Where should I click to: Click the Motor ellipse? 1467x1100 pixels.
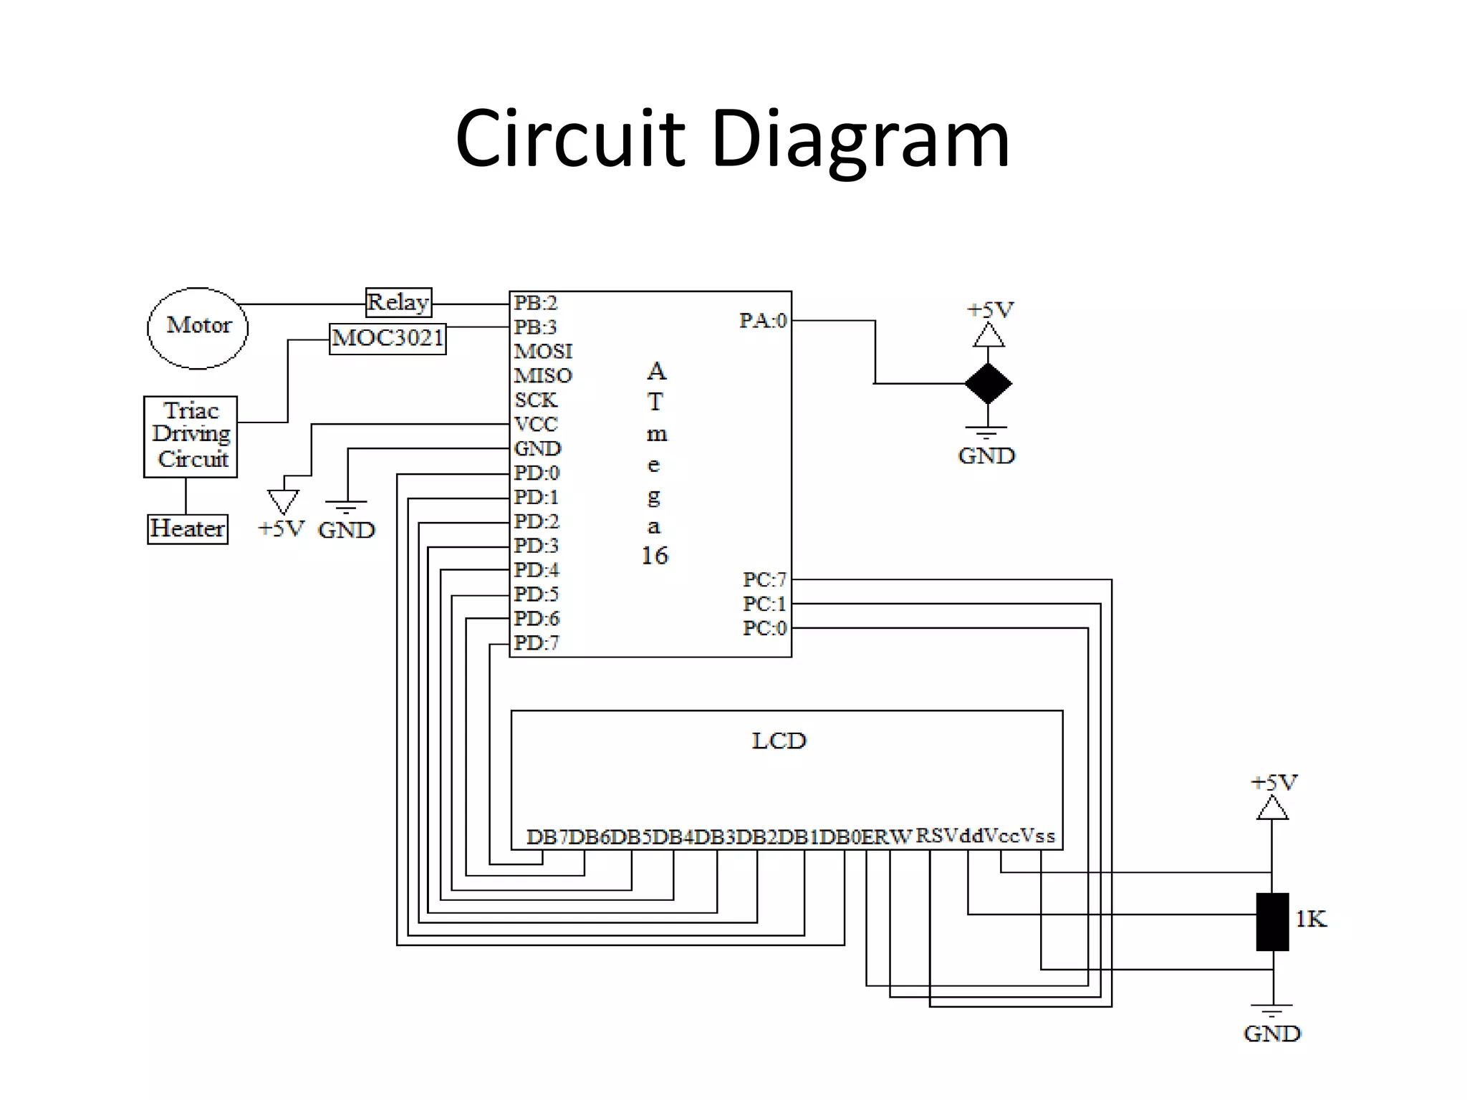tap(198, 328)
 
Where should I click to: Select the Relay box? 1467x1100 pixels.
tap(398, 302)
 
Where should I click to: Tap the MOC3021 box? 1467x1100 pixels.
tap(388, 338)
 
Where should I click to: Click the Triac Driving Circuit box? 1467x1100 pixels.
tap(191, 436)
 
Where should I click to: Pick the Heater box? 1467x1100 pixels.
tap(188, 529)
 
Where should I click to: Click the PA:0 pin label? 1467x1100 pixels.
tap(763, 321)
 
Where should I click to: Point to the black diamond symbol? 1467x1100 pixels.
tap(988, 384)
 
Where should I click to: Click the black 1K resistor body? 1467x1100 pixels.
tap(1272, 922)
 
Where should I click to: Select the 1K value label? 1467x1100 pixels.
tap(1311, 919)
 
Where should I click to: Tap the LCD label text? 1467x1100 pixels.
tap(779, 740)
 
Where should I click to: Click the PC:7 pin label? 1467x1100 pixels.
tap(764, 579)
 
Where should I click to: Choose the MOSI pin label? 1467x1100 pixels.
tap(543, 352)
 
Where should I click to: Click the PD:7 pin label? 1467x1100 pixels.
tap(536, 643)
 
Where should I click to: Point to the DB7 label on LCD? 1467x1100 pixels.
tap(546, 837)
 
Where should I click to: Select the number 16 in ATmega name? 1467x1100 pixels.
tap(654, 556)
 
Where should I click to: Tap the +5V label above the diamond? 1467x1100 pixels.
tap(990, 310)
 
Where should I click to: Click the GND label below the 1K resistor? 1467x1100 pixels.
tap(1271, 1033)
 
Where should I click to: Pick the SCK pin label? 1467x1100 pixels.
tap(535, 400)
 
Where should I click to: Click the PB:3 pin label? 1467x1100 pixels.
tap(535, 327)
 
